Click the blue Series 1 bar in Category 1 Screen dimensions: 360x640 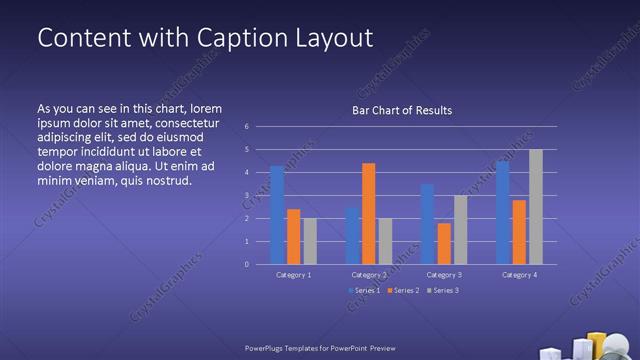pyautogui.click(x=277, y=215)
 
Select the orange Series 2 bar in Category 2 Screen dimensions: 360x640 pyautogui.click(x=368, y=213)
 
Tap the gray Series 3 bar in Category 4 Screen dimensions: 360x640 pyautogui.click(x=536, y=207)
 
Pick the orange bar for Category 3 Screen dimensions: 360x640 pyautogui.click(x=444, y=243)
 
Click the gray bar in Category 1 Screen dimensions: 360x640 pyautogui.click(x=310, y=241)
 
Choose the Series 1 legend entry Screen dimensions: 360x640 pyautogui.click(x=364, y=290)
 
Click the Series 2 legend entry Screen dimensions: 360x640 pyautogui.click(x=403, y=290)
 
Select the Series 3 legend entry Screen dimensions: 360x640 pyautogui.click(x=442, y=290)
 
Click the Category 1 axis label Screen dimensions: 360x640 pyautogui.click(x=293, y=274)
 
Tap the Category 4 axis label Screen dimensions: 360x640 pyautogui.click(x=519, y=274)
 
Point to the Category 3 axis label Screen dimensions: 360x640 pyautogui.click(x=443, y=274)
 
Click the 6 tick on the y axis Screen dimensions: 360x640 pyautogui.click(x=246, y=127)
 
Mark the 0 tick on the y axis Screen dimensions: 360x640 pyautogui.click(x=246, y=265)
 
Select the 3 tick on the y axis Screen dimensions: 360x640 pyautogui.click(x=246, y=196)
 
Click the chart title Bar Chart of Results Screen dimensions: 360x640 pyautogui.click(x=401, y=110)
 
